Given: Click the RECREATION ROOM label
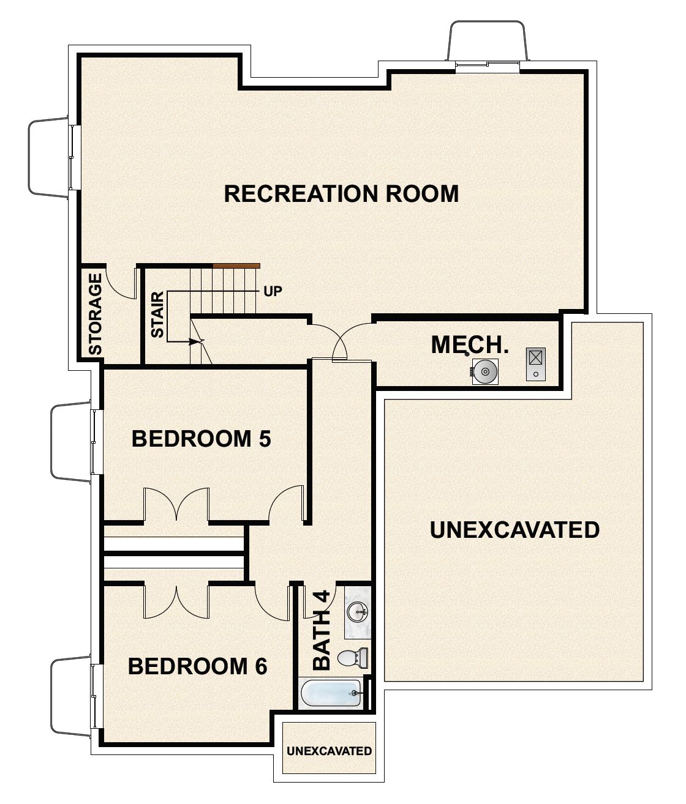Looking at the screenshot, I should click(341, 193).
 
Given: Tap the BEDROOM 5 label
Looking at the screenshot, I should click(201, 439).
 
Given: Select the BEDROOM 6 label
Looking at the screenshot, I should click(197, 666).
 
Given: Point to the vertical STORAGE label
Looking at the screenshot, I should click(95, 314).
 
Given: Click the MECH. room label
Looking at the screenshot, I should click(470, 344).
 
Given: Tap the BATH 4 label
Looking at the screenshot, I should click(322, 630).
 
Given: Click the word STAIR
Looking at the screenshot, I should click(157, 315).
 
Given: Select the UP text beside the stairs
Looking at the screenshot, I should click(273, 291).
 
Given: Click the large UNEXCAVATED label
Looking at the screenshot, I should click(514, 529).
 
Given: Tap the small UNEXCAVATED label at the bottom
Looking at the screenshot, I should click(329, 751).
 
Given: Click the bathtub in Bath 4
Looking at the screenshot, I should click(331, 694).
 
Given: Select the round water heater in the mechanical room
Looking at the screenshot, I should click(484, 371).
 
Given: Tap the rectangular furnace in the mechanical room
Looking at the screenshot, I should click(535, 363).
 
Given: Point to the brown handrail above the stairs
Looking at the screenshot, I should click(236, 266).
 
